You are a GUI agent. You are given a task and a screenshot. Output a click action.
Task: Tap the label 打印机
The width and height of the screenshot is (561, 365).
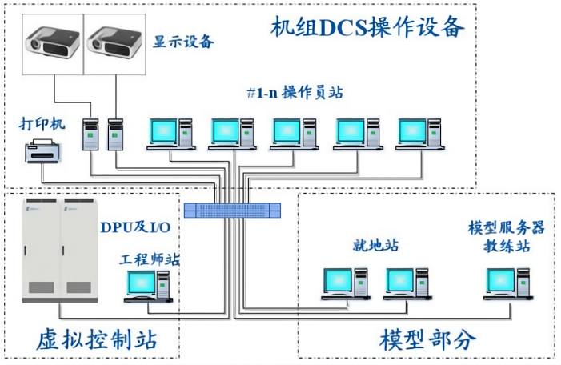[x=42, y=125]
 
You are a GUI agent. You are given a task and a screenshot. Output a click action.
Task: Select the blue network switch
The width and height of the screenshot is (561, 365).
[x=232, y=211]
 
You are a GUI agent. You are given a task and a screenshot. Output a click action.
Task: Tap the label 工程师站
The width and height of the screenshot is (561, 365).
[x=150, y=259]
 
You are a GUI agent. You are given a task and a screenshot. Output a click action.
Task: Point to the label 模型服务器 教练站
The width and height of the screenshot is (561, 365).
[x=506, y=237]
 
